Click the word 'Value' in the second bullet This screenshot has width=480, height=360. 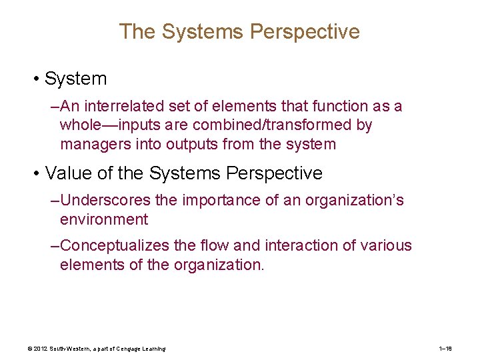(x=67, y=173)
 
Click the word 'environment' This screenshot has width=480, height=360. (x=103, y=219)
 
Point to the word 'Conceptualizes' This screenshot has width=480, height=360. (x=115, y=246)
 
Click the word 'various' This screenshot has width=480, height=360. (x=386, y=246)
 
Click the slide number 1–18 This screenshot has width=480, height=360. (x=446, y=349)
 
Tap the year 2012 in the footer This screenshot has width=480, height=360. (x=40, y=349)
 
